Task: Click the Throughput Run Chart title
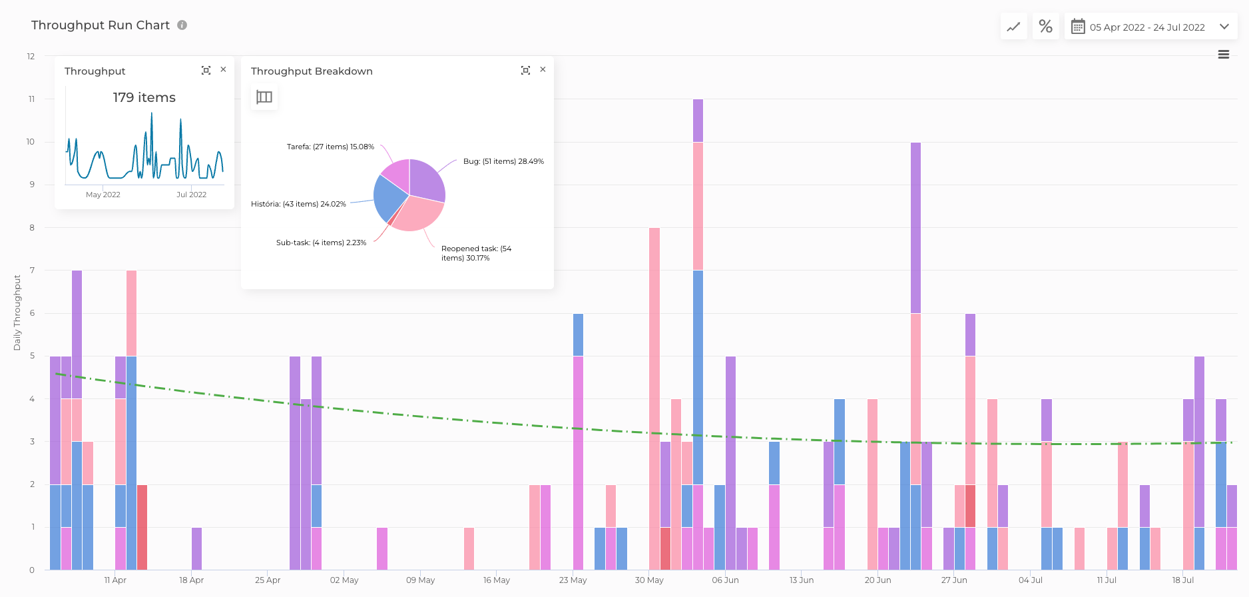(101, 25)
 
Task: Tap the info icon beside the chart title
(182, 25)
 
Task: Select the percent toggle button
(1045, 27)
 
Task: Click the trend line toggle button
(1013, 27)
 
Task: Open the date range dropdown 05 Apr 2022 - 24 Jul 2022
(1150, 27)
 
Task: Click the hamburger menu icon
(1223, 55)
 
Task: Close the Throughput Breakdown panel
(543, 69)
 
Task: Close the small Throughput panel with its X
(223, 69)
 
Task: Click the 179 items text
(144, 97)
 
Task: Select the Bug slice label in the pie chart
(503, 161)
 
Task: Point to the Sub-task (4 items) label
(321, 243)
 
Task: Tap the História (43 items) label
(298, 204)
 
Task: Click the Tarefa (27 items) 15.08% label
(330, 147)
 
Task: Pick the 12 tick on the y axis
(31, 56)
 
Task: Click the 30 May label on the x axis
(649, 580)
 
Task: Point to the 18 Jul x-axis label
(1182, 580)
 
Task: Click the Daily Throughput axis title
(17, 312)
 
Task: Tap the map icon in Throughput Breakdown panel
(264, 97)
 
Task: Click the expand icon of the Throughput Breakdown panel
(525, 70)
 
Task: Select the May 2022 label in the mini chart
(103, 195)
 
